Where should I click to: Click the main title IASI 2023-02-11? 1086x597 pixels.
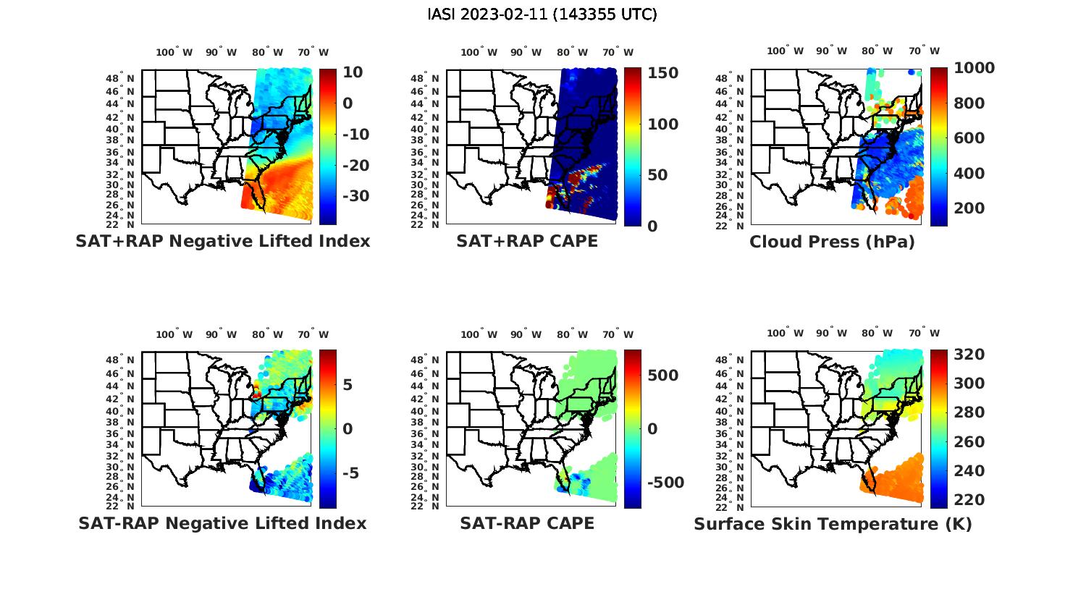[x=542, y=14]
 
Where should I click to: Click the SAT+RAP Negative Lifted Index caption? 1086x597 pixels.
[x=222, y=242]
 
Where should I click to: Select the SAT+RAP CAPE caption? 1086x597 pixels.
[x=527, y=242]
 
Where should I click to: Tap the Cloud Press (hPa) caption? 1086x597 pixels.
[x=832, y=242]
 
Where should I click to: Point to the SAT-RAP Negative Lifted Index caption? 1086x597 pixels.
[x=222, y=523]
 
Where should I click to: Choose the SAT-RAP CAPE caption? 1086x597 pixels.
[x=527, y=523]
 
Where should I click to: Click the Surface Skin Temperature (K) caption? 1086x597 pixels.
[x=833, y=524]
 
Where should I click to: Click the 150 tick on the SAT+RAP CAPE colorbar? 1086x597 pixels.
[x=662, y=73]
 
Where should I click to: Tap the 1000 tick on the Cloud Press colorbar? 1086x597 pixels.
[x=974, y=68]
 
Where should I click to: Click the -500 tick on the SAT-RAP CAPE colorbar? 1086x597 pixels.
[x=663, y=483]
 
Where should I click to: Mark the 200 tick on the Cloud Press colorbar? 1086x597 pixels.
[x=969, y=208]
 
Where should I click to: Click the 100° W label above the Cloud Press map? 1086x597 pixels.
[x=786, y=51]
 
